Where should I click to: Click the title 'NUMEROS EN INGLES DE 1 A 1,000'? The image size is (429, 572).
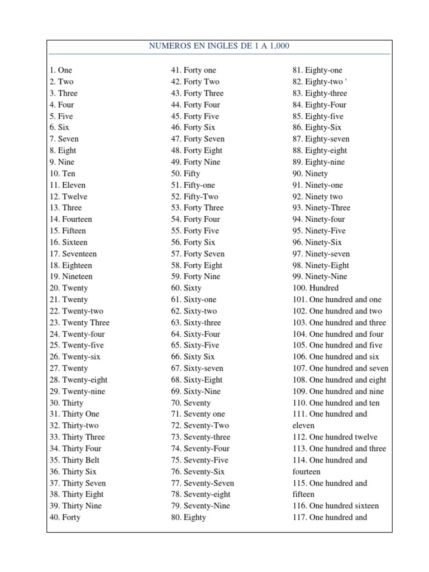point(219,46)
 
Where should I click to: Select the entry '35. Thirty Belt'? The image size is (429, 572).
point(74,460)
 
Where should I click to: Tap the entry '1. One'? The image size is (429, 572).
point(61,70)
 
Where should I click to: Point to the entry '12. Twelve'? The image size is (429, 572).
point(68,197)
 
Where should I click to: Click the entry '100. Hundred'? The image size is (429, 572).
point(316,288)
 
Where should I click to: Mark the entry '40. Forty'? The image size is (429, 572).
point(65,518)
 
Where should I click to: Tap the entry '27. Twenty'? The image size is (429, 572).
point(68,369)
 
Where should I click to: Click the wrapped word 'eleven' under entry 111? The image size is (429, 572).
point(304,426)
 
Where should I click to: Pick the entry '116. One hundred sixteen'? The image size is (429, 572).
point(336,506)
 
